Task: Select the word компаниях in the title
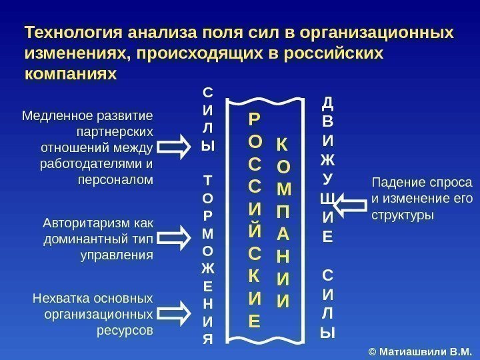click(70, 73)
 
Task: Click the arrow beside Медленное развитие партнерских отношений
click(175, 147)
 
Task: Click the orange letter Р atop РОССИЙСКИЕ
click(255, 119)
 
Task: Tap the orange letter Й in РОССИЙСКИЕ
click(255, 231)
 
